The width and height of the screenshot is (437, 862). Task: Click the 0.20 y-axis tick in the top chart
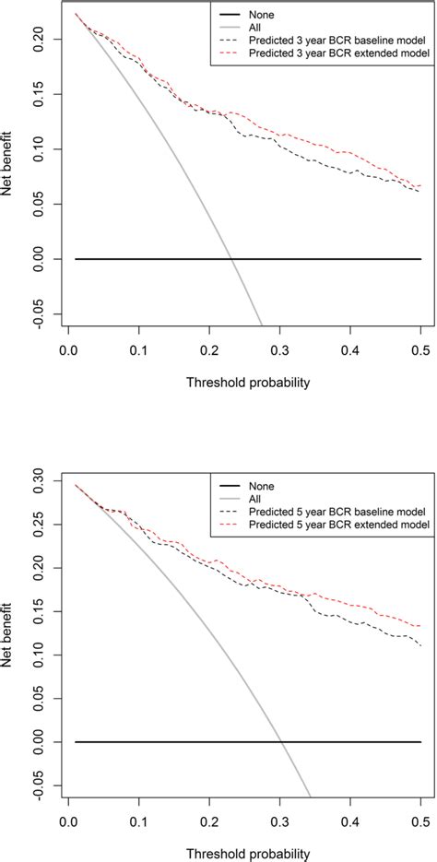pos(44,39)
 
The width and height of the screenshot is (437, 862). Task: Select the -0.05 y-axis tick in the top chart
pos(44,313)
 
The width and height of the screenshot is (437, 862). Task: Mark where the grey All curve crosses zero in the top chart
pos(231,259)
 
